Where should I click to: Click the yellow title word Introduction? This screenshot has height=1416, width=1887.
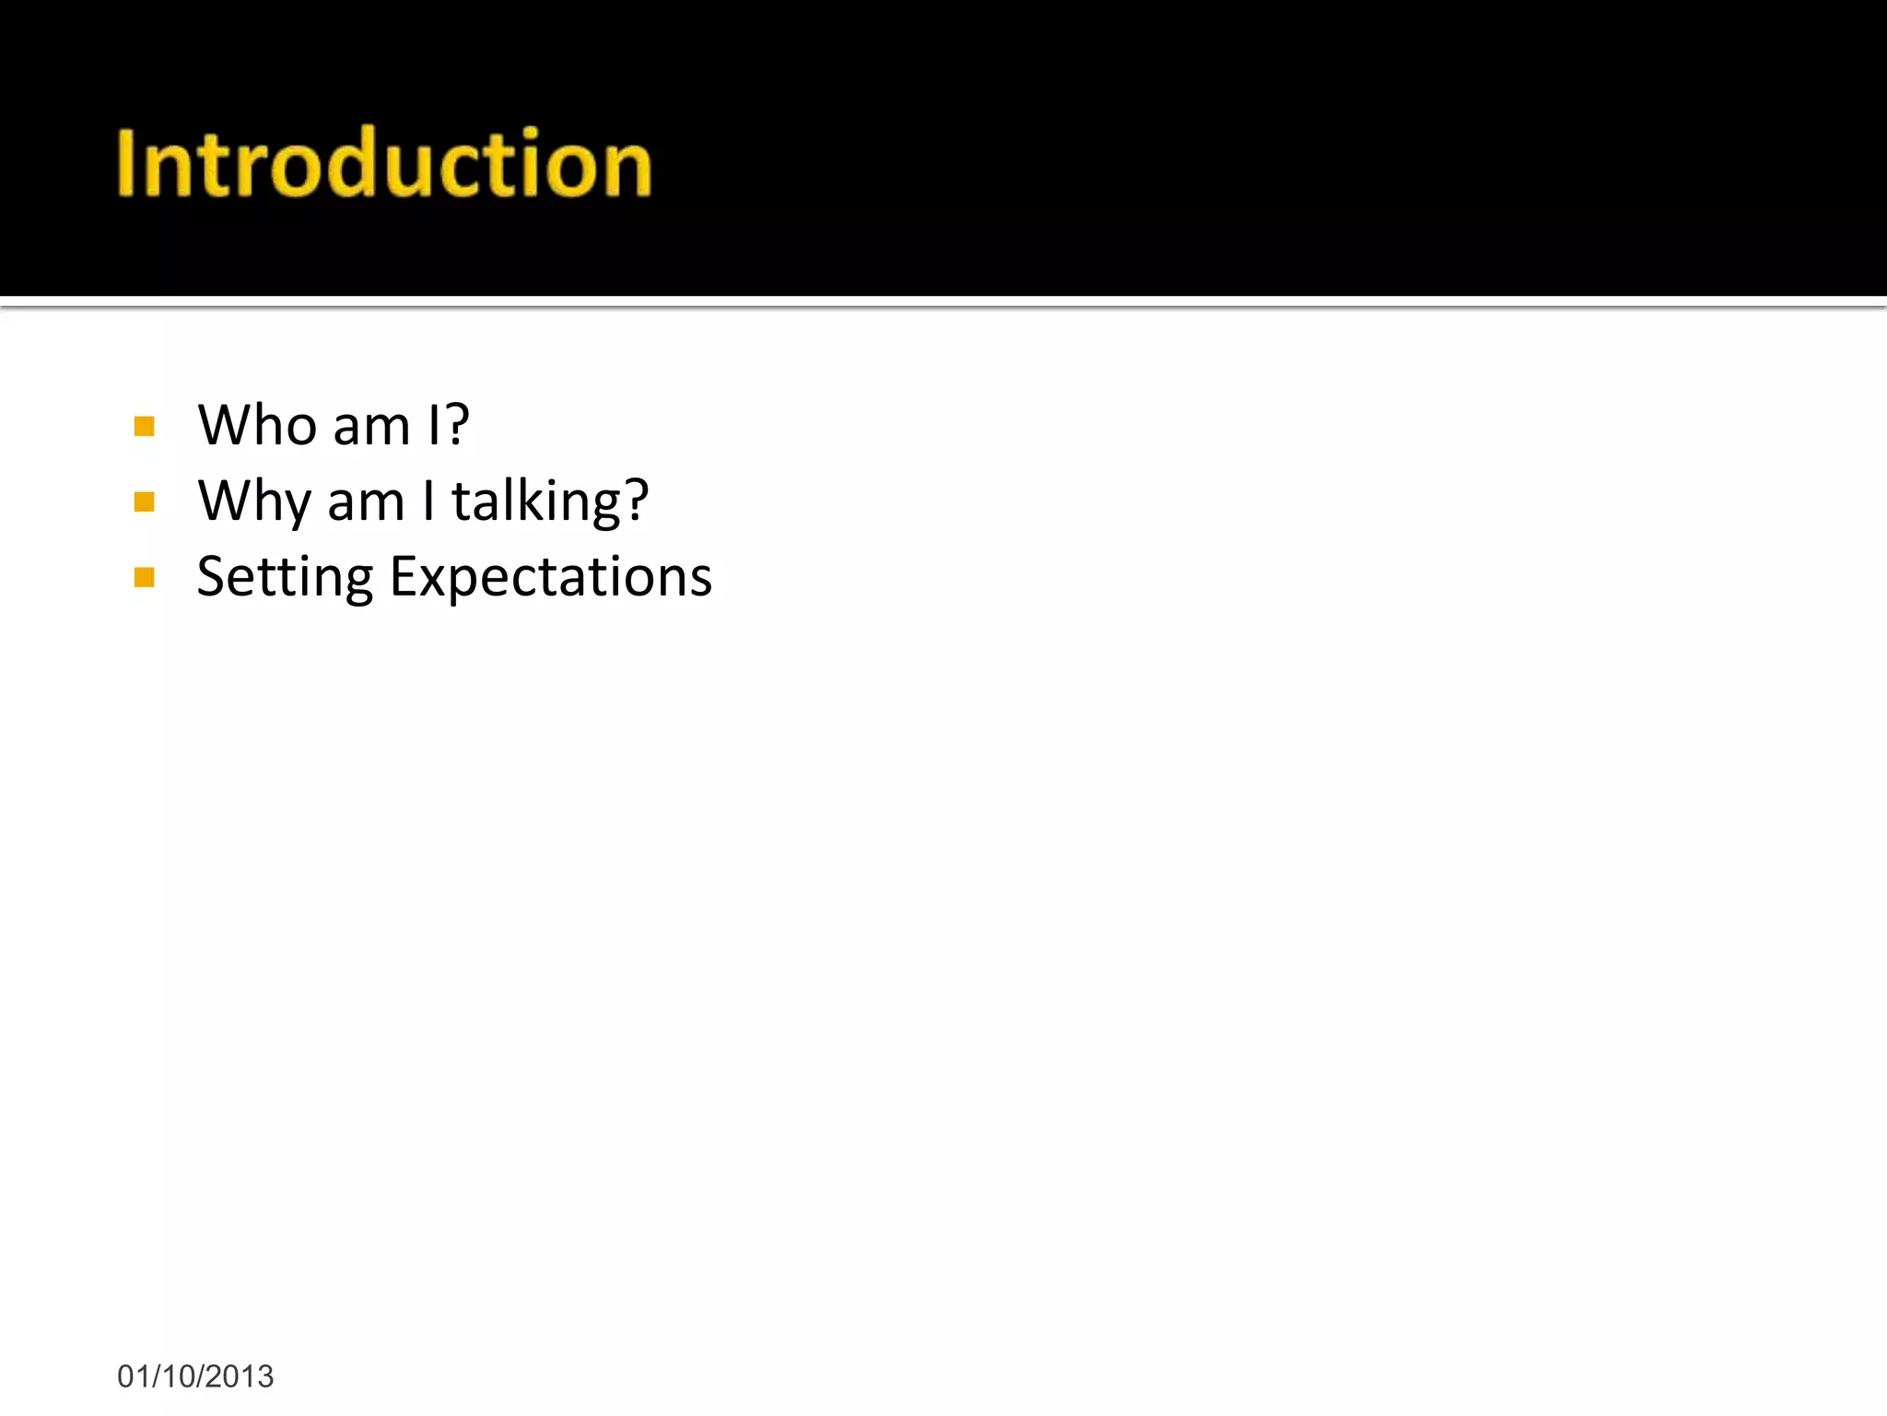tap(384, 163)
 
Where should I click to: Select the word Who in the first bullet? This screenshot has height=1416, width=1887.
tap(257, 426)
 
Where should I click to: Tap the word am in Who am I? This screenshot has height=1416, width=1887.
tap(371, 428)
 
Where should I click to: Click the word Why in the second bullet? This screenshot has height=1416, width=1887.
tap(254, 502)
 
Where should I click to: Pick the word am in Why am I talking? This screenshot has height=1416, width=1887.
tap(366, 503)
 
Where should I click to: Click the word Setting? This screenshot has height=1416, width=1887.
tap(285, 578)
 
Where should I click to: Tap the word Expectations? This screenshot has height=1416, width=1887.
tap(551, 578)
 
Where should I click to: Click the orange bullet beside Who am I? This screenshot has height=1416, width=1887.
tap(144, 426)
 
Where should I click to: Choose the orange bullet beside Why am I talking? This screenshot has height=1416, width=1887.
tap(144, 501)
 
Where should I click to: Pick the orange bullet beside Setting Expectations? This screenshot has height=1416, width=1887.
tap(144, 578)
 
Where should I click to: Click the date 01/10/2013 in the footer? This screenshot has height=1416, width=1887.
tap(195, 1376)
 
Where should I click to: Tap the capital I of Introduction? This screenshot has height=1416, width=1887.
tap(126, 163)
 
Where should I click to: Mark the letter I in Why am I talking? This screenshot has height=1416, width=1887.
tap(428, 501)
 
